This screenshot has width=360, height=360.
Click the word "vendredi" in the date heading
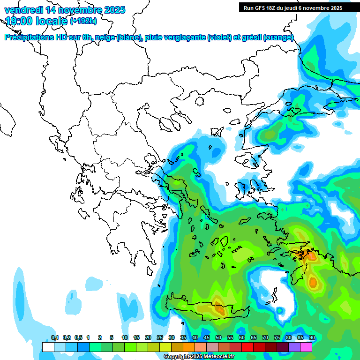point(22,10)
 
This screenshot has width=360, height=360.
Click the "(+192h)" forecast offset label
point(83,21)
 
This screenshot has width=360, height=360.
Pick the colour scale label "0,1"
point(55,338)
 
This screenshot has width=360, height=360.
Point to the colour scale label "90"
point(312,338)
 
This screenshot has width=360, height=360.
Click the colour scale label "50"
point(218,338)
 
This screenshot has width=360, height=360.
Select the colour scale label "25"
point(160,338)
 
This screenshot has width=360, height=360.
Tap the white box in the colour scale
point(48,347)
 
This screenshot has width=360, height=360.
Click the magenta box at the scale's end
point(306,347)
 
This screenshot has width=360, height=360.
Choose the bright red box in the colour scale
point(247,347)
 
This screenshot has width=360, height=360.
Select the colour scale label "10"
point(125,338)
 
